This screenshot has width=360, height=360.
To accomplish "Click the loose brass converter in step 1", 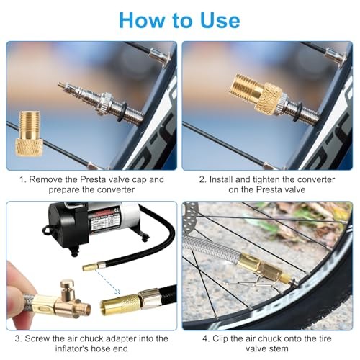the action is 30,134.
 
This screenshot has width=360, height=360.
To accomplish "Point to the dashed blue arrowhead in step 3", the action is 117,292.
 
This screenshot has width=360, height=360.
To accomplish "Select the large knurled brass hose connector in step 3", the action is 120,305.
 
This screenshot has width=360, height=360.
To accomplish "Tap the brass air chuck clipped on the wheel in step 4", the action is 264,266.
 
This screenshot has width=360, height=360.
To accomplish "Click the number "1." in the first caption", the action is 23,179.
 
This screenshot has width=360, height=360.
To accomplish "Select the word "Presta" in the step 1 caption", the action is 93,179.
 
